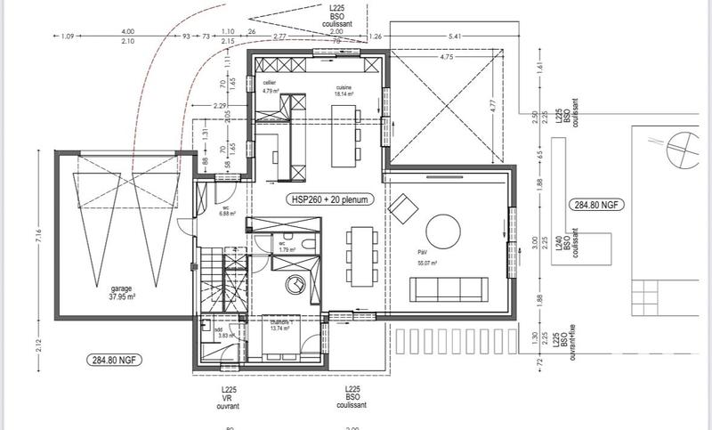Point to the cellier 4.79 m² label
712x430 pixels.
point(271,86)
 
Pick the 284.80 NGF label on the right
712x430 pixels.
point(596,205)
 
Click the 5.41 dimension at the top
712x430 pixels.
point(456,37)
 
